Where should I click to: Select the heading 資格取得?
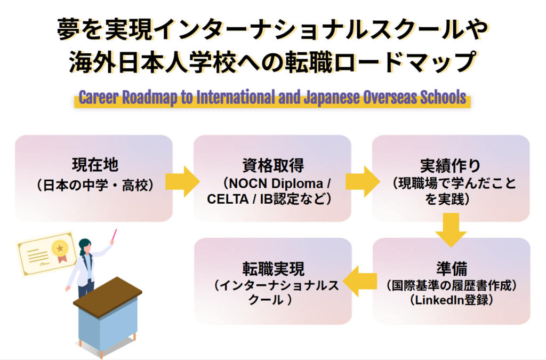point(272,165)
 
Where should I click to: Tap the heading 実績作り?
point(451,165)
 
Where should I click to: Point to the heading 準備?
point(451,267)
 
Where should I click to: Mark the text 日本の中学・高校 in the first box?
point(95,186)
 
